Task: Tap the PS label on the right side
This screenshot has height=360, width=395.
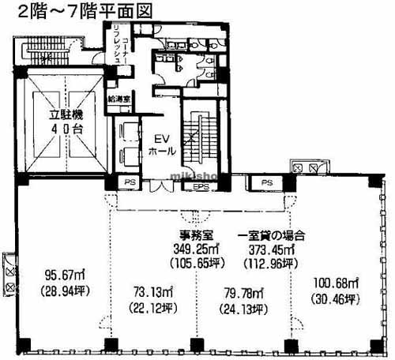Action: (267, 183)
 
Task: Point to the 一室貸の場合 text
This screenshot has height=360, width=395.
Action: (271, 235)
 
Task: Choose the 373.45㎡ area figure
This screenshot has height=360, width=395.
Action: (271, 248)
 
